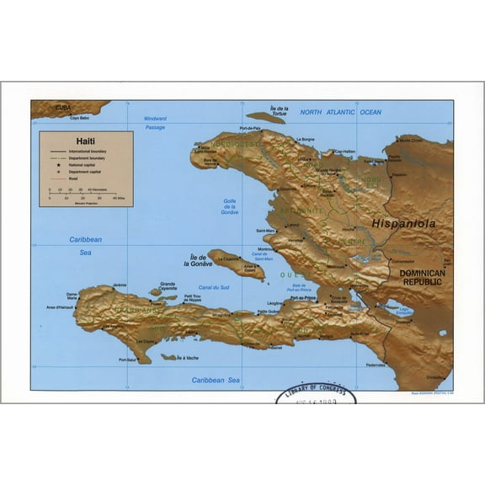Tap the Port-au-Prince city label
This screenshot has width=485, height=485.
tap(301, 298)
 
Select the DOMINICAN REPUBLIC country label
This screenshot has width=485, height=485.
tap(425, 279)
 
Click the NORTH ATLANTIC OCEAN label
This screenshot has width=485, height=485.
tap(341, 112)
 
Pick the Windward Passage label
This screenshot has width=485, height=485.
tap(155, 123)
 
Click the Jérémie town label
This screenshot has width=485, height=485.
tap(120, 285)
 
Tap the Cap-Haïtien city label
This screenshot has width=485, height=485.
tap(346, 152)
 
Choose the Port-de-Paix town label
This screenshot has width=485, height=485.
tap(250, 128)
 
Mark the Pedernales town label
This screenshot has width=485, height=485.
tap(376, 365)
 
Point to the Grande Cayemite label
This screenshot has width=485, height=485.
tap(168, 286)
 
